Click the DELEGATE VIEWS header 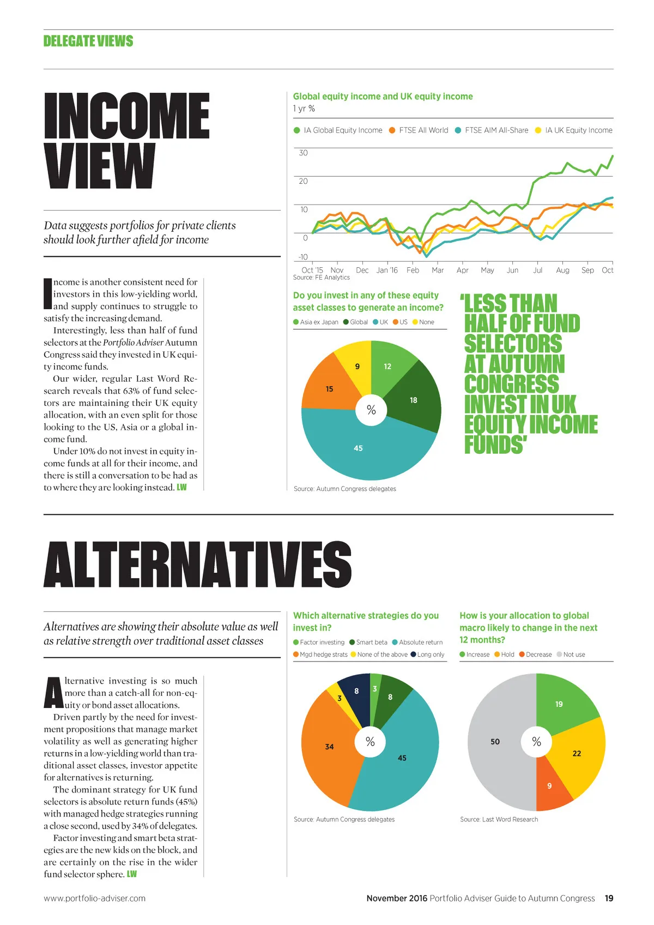88,41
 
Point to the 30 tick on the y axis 303,153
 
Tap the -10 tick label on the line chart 302,257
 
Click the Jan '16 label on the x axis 387,270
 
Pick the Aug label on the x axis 562,270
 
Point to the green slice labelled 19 561,704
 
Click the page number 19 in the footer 609,898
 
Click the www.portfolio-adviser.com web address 95,898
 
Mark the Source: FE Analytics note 322,278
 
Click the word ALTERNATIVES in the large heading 198,564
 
